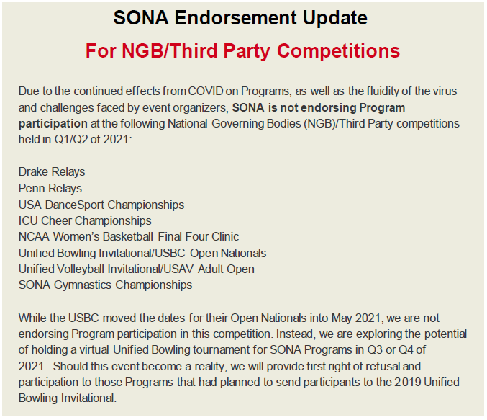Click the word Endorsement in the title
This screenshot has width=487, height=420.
click(235, 17)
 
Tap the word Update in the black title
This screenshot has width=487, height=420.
click(335, 17)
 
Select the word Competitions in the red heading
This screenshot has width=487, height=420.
click(338, 50)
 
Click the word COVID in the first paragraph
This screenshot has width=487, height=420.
click(206, 91)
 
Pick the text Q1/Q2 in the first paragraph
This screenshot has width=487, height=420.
click(71, 139)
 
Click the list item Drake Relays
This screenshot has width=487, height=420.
click(52, 171)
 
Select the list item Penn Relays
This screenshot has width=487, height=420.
click(50, 188)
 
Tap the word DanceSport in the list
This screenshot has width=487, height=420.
click(74, 205)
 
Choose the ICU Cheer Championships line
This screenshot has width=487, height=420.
click(85, 220)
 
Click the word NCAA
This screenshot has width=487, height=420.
click(34, 236)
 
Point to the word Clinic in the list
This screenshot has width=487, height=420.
click(225, 236)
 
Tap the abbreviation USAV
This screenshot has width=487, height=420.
click(178, 269)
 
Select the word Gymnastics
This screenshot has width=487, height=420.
click(83, 285)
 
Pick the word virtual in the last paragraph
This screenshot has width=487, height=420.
click(94, 349)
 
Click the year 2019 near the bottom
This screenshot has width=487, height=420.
click(408, 382)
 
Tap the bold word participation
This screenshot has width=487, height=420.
click(53, 123)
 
